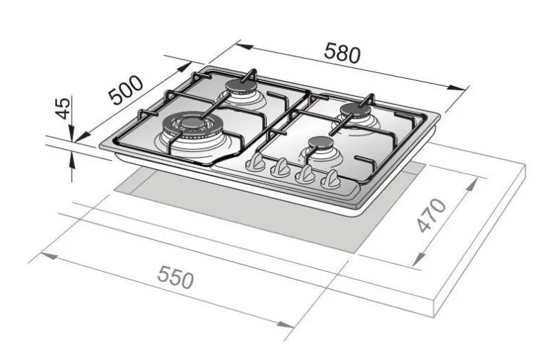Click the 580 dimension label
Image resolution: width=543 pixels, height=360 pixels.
[x=342, y=53]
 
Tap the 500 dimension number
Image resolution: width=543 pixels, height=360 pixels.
[x=126, y=90]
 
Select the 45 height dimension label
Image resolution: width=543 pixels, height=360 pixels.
[x=63, y=108]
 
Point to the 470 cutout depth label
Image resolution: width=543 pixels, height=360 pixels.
[x=432, y=215]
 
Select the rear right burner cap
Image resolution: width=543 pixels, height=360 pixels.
[x=356, y=110]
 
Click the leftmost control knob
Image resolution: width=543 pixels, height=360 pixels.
[x=255, y=162]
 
